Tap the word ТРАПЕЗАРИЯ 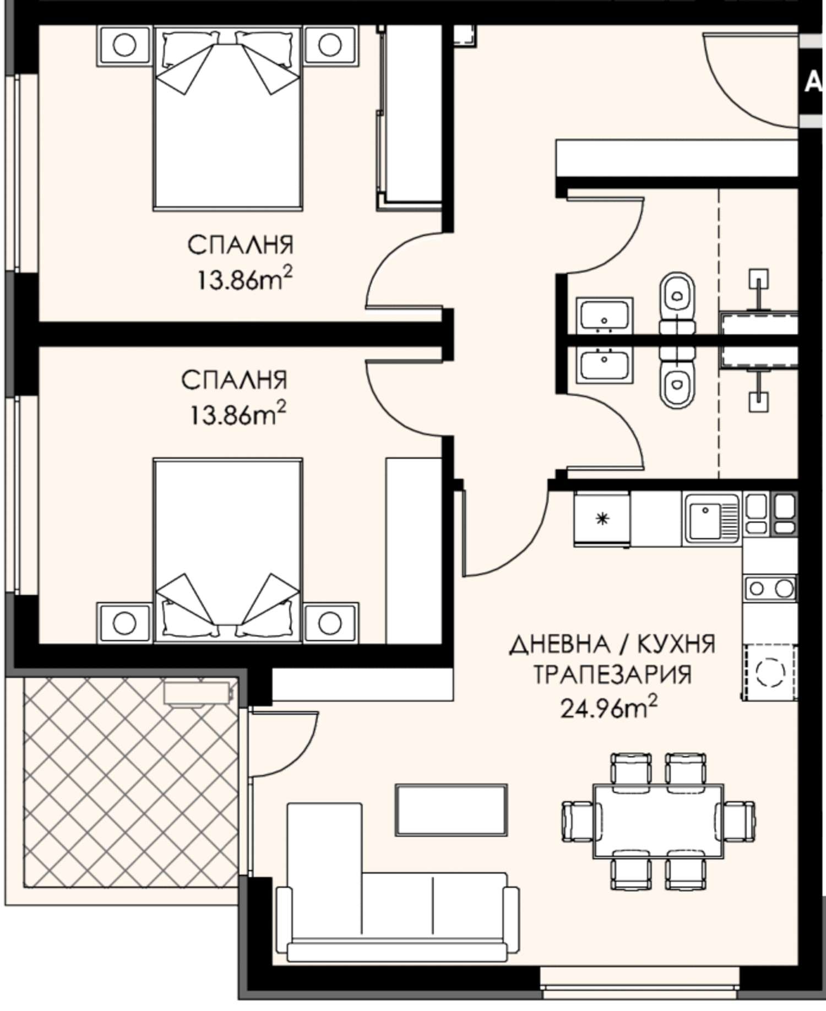[x=612, y=675]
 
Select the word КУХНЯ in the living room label [x=677, y=644]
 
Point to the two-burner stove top [x=769, y=588]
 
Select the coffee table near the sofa [x=452, y=811]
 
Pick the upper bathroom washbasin [x=604, y=315]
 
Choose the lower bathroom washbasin [x=604, y=364]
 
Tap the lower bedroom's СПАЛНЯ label [x=235, y=380]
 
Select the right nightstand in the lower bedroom [x=331, y=622]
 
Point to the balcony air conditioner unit [x=197, y=692]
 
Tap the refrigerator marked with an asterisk [x=602, y=519]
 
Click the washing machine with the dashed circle [x=769, y=672]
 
